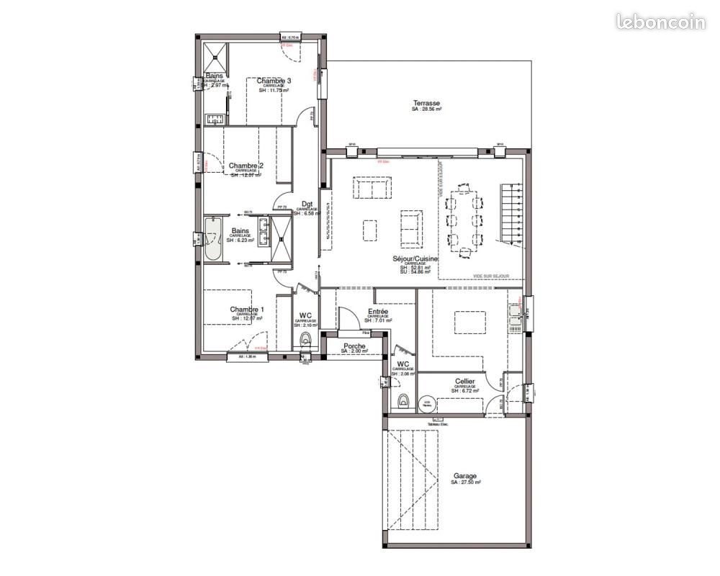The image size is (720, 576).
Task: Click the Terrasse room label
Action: tap(426, 102)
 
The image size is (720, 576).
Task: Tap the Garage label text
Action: tap(465, 476)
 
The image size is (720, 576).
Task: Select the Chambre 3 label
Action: tap(274, 81)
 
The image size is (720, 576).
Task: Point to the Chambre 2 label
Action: tap(246, 165)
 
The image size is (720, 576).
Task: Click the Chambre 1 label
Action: tap(247, 310)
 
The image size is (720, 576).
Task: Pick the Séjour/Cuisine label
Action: tap(416, 258)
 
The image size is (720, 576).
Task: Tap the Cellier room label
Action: tap(464, 381)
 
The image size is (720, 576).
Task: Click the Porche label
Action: tap(355, 346)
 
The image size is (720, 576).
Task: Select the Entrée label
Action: tap(378, 311)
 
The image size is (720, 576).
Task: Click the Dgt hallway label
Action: tap(307, 204)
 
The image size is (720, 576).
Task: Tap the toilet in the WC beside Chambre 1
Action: tap(307, 339)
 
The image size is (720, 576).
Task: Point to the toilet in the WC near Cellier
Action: tap(402, 400)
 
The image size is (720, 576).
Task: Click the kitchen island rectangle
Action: tap(467, 320)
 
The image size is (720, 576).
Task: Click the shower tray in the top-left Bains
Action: tap(215, 53)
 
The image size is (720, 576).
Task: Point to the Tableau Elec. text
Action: tap(438, 425)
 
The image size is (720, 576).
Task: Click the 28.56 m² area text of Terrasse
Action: tap(426, 109)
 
